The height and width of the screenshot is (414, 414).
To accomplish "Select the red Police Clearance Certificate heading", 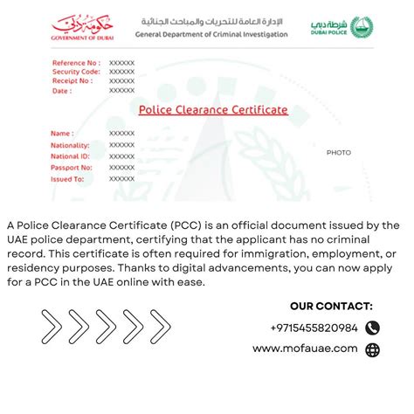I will pyautogui.click(x=213, y=110).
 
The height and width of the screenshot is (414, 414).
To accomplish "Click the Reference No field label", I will pyautogui.click(x=76, y=63).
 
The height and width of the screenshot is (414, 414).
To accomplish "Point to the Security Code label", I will pyautogui.click(x=76, y=72).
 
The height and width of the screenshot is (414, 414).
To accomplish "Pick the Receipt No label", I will pyautogui.click(x=72, y=80).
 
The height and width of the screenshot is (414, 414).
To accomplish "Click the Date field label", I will pyautogui.click(x=62, y=90).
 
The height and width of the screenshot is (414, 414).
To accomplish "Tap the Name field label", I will pyautogui.click(x=63, y=133).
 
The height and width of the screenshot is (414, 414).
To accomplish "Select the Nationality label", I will pyautogui.click(x=71, y=144).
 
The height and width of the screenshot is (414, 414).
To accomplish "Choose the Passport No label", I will pyautogui.click(x=72, y=167).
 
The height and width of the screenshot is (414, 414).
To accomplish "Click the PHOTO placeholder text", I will pyautogui.click(x=339, y=153).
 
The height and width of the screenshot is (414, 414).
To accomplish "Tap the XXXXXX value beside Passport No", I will pyautogui.click(x=121, y=167).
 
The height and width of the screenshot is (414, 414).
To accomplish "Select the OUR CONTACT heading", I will pyautogui.click(x=331, y=306).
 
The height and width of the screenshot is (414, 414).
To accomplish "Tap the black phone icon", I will pyautogui.click(x=373, y=328).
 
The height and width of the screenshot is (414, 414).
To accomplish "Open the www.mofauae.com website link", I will pyautogui.click(x=305, y=348).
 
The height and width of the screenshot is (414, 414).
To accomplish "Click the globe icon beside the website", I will pyautogui.click(x=373, y=349).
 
